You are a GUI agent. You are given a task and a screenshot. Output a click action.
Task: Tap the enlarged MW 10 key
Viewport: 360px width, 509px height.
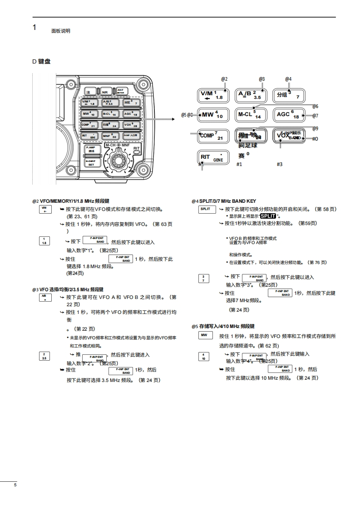click(x=212, y=115)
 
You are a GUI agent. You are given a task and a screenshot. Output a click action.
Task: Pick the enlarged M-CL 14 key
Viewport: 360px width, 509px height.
click(x=251, y=115)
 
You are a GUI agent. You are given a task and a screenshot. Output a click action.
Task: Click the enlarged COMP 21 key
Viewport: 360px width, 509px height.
click(x=212, y=136)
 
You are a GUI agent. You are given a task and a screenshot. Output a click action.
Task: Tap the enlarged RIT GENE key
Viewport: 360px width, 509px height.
click(x=212, y=157)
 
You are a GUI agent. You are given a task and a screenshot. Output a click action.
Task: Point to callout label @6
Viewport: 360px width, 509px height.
click(x=315, y=106)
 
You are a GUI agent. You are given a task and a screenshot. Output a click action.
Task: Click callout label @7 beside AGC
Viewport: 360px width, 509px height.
click(x=315, y=116)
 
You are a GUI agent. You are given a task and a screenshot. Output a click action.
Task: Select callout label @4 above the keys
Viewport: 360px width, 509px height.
click(x=288, y=79)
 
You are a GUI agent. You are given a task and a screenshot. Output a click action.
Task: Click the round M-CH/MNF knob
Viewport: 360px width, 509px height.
click(x=118, y=161)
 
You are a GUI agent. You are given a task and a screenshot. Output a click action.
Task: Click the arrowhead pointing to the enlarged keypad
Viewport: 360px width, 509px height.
click(x=173, y=119)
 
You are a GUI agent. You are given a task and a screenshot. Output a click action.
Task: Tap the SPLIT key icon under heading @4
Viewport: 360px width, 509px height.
click(x=205, y=209)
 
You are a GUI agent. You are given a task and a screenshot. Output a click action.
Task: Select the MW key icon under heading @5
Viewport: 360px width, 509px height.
click(x=205, y=335)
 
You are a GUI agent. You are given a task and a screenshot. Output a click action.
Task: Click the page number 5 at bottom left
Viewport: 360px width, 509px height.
click(x=15, y=485)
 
